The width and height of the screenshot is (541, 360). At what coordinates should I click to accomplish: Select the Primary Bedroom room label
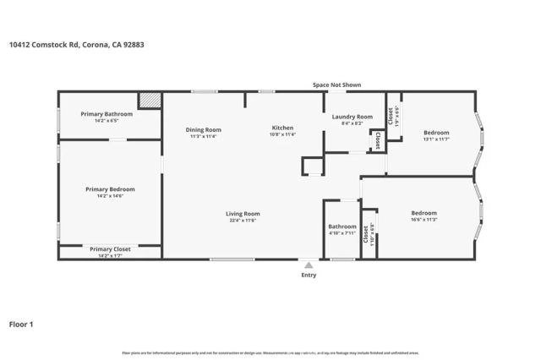point(110,189)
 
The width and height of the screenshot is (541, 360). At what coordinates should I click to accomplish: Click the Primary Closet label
point(110,249)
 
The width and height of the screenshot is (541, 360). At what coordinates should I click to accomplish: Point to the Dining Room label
point(204,129)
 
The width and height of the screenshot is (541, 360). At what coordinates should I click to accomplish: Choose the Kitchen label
point(282,128)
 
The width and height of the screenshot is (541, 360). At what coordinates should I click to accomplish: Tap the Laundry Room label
point(352,117)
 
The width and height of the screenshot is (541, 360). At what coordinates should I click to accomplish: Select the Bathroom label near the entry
point(342,226)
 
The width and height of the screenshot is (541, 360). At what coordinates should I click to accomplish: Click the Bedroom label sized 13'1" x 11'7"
point(436,132)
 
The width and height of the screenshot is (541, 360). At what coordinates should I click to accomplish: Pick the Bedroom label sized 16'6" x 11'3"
point(424,213)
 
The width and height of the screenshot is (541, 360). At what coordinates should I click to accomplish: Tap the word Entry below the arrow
point(309,275)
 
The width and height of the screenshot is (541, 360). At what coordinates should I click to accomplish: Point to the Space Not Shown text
point(336,85)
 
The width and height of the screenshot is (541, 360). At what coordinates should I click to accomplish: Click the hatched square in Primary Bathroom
point(150,101)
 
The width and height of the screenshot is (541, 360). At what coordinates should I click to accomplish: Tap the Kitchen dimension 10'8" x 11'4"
point(282,134)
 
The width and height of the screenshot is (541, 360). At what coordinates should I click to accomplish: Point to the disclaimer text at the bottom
point(270,352)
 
